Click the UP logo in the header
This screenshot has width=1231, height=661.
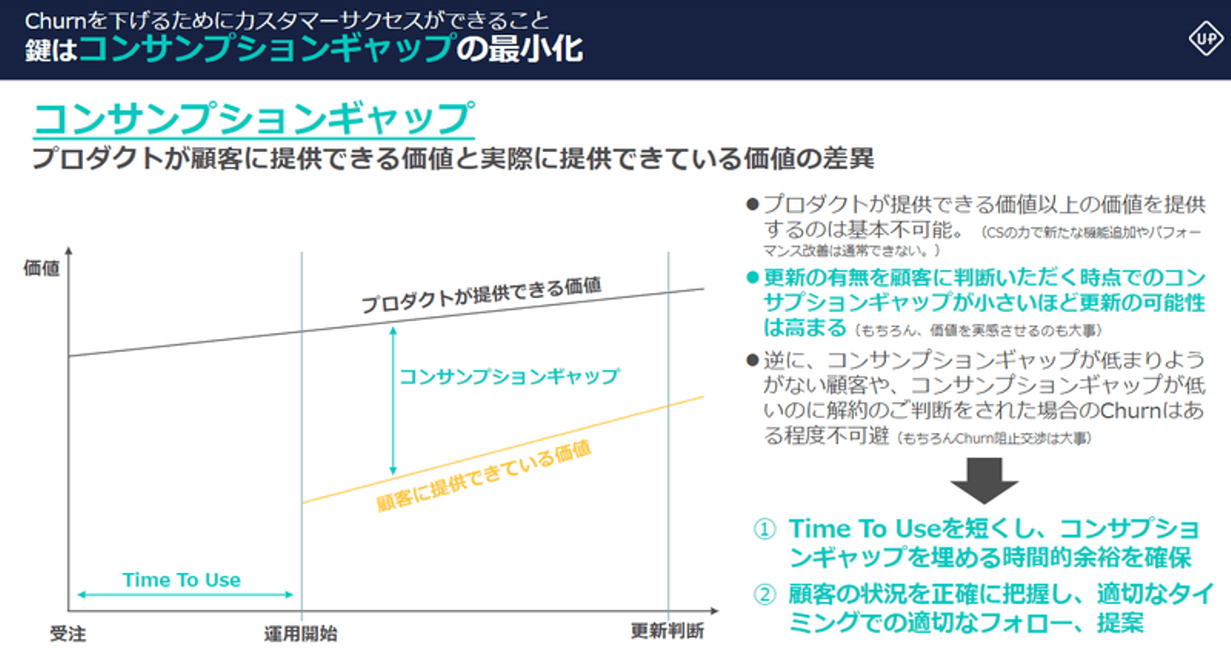1206,38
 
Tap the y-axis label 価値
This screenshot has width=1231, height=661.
41,268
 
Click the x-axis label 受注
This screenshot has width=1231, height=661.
68,634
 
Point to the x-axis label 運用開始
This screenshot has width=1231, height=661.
301,634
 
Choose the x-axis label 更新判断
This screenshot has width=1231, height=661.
667,631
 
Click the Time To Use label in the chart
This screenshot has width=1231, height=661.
181,580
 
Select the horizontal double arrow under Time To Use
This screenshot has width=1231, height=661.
186,594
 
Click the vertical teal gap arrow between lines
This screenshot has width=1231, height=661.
393,401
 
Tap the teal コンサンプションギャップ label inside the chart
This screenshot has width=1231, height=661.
509,376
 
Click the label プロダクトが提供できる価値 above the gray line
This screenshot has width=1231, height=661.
481,295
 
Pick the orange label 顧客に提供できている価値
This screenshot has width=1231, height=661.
484,476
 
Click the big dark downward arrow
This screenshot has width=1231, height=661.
984,480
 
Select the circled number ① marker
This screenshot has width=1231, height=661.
764,529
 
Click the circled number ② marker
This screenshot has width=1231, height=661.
764,594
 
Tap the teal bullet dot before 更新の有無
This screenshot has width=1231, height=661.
752,278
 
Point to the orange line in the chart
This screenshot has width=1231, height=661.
504,449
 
